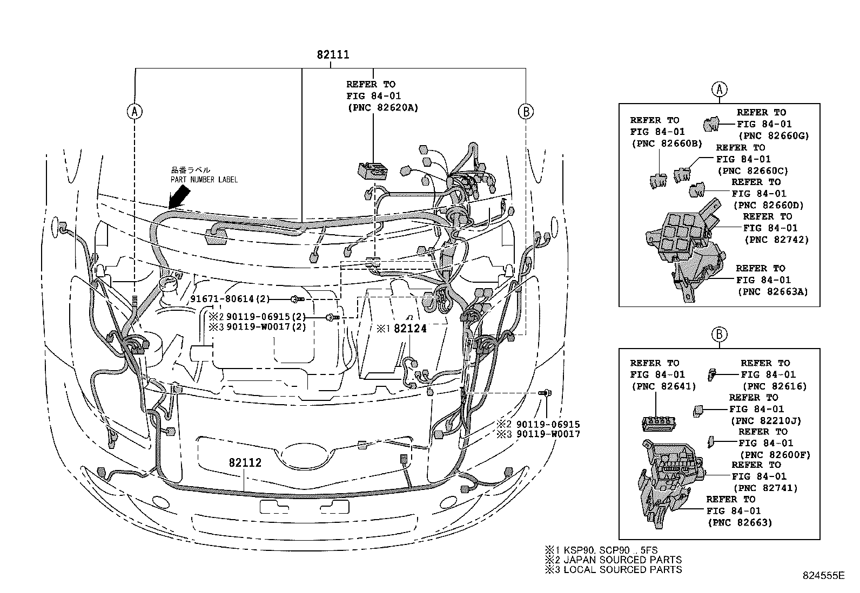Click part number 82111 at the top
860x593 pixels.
click(333, 55)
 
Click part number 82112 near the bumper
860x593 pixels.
click(245, 462)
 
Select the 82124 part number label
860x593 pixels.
click(409, 329)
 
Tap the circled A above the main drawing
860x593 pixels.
click(134, 112)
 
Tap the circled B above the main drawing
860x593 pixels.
click(525, 112)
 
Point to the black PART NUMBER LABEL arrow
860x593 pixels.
click(179, 197)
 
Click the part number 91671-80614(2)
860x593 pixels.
click(230, 299)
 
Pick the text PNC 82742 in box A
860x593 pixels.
click(776, 240)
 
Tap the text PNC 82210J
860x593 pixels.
click(765, 421)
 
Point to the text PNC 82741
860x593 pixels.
click(767, 488)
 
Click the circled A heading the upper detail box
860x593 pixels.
click(718, 89)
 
